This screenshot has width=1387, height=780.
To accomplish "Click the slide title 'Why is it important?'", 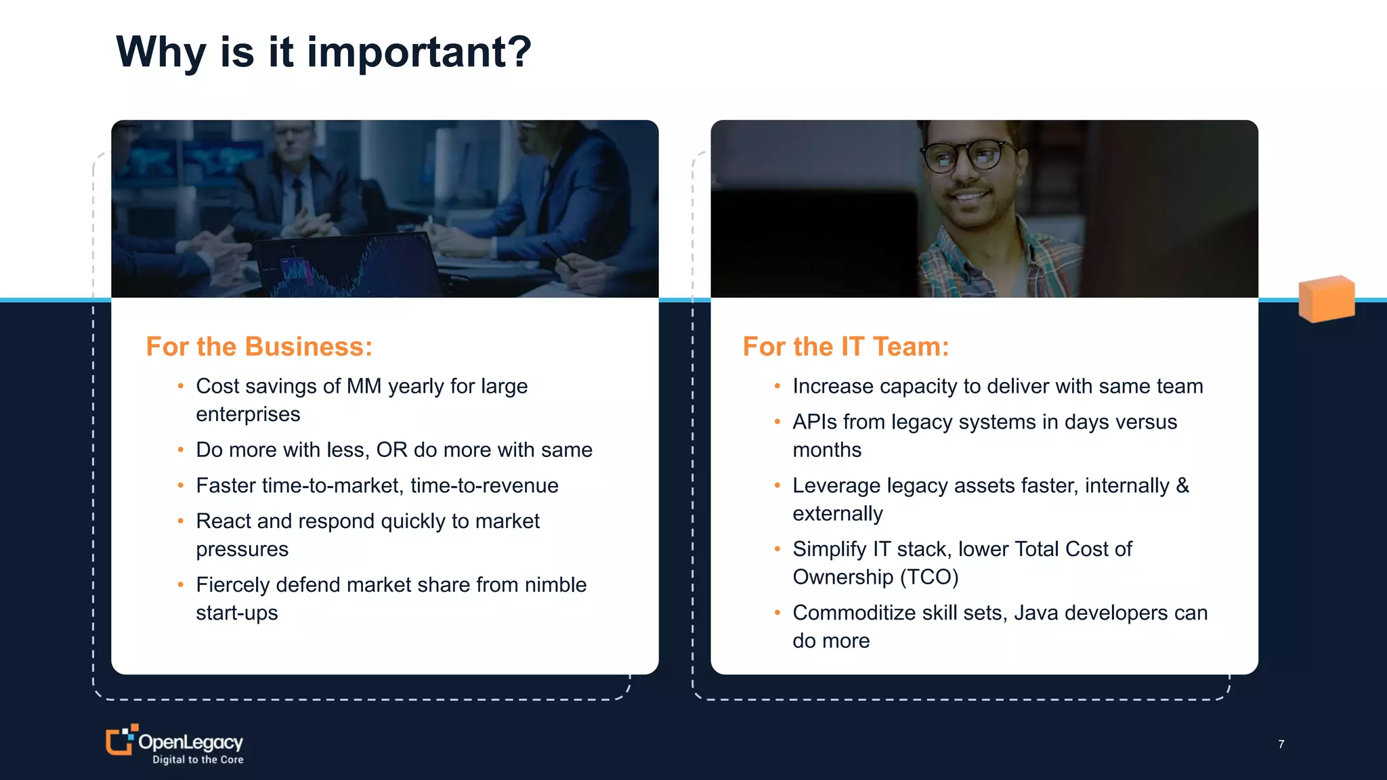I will click(324, 52).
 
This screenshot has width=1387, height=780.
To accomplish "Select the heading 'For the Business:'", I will click(259, 347).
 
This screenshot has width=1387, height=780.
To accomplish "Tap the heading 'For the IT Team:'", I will click(846, 347).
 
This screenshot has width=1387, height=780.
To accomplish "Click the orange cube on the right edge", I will click(1326, 299).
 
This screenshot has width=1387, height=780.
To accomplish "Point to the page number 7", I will click(1281, 744).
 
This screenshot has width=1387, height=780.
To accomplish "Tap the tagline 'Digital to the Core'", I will click(198, 760).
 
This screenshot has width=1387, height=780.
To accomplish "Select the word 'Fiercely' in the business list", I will click(232, 584).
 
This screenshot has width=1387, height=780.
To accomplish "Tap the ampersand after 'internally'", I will click(1182, 485).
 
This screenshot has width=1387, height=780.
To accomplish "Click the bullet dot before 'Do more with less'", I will click(181, 450).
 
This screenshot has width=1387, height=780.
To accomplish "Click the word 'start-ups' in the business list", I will click(237, 613).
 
